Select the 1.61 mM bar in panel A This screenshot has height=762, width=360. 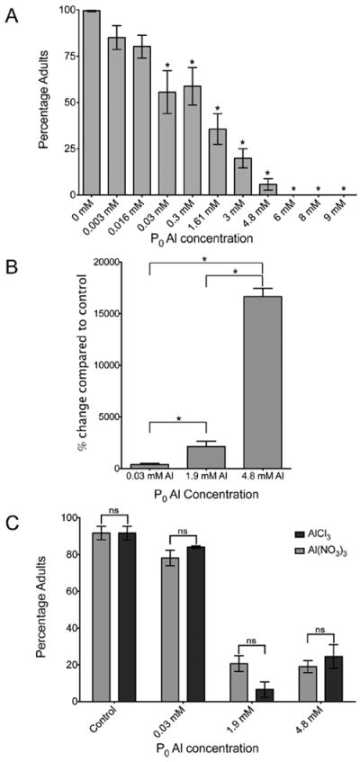click(218, 162)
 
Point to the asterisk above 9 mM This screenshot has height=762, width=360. click(345, 189)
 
